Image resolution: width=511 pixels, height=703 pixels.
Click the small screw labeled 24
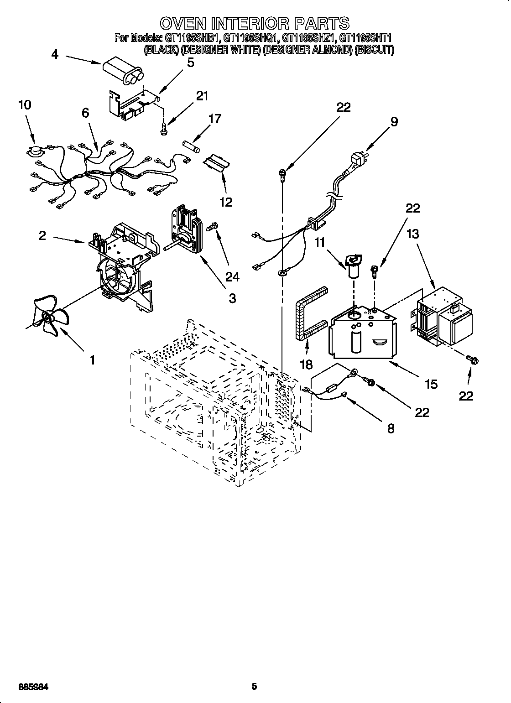[214, 226]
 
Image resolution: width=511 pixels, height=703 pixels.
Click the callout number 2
[42, 235]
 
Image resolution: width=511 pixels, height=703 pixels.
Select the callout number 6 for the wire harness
[86, 113]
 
